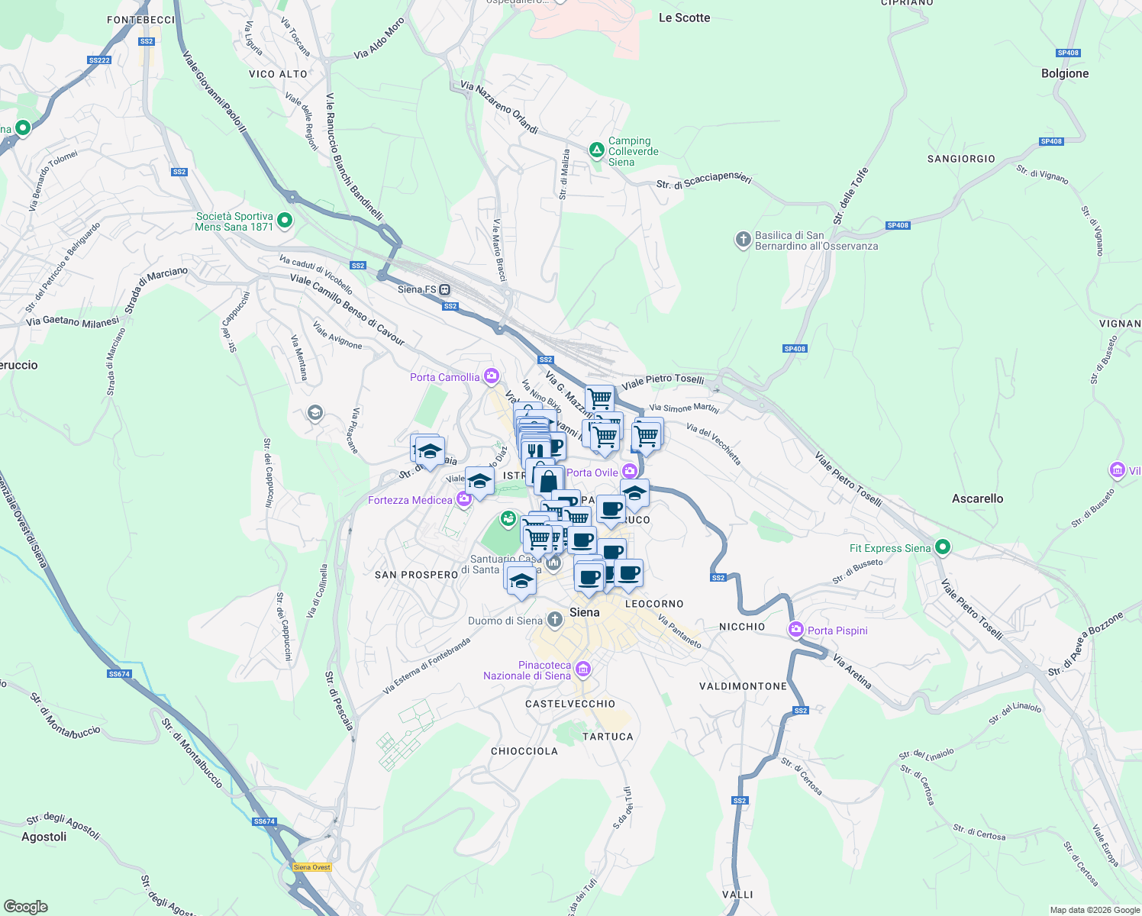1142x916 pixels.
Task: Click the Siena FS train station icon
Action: pos(444,290)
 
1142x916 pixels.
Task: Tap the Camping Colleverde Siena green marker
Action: pos(597,150)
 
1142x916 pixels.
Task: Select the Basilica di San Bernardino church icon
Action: pos(743,240)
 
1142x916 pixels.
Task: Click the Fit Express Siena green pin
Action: pos(943,547)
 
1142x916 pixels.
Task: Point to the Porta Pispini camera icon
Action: pos(796,631)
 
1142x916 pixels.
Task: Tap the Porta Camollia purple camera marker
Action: pos(491,376)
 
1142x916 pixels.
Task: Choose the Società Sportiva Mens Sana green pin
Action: pos(285,221)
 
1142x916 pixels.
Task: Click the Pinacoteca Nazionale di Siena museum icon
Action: pos(582,670)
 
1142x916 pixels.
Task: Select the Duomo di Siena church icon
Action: pos(555,621)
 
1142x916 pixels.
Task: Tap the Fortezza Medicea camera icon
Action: pos(463,500)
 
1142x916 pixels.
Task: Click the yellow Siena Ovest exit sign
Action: pos(312,867)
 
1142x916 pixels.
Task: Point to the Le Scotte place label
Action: pos(684,18)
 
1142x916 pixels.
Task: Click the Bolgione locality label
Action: pos(1065,73)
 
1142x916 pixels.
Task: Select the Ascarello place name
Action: pos(977,498)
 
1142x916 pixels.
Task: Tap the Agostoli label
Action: pos(44,837)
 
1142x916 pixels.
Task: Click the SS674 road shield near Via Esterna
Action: pos(120,674)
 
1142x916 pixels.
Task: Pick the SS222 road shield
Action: pos(99,60)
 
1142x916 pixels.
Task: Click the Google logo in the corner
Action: pos(25,907)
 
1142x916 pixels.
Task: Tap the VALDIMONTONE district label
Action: pos(743,686)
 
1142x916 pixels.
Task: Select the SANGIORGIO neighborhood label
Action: pos(961,159)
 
